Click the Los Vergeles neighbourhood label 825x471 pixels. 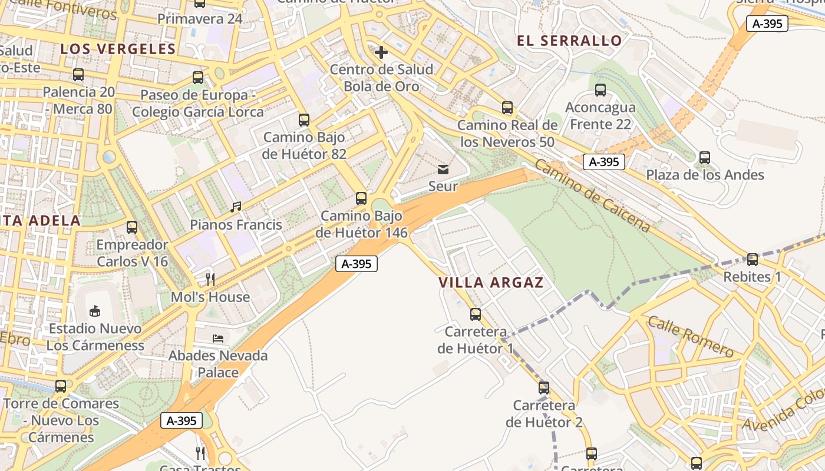pos(118,49)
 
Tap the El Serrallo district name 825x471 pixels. pos(569,41)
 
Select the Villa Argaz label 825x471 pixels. pos(491,283)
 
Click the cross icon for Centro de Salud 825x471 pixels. pos(381,52)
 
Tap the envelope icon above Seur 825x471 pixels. pos(443,170)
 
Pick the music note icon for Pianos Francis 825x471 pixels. pos(236,207)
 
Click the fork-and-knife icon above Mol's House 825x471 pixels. pos(210,279)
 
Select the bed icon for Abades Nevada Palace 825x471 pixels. pos(218,339)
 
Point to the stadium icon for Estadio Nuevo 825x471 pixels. pos(95,311)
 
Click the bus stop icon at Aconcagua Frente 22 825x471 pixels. pos(600,90)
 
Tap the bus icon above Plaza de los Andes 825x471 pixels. pos(705,158)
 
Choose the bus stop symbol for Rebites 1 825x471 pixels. pos(753,259)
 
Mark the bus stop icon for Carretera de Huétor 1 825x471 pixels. pos(476,314)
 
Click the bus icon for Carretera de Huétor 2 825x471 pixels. pos(544,388)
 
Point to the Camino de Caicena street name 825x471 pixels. pos(593,196)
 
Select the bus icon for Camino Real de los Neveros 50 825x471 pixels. pos(507,108)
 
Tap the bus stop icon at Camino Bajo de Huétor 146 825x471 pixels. pos(361,198)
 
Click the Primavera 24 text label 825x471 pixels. pos(200,19)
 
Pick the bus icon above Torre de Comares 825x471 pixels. pos(61,386)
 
